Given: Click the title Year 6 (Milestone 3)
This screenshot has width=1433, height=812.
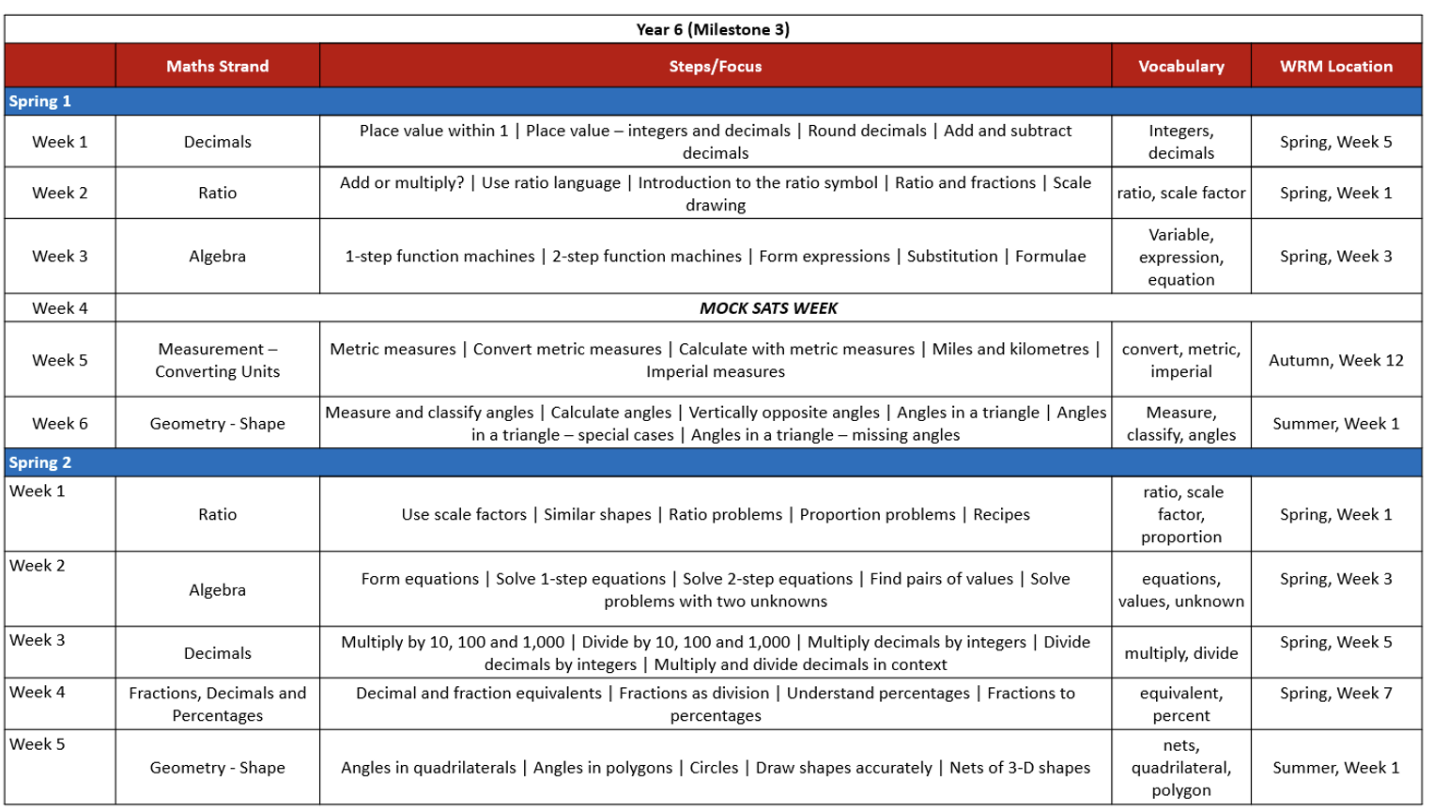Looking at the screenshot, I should (x=713, y=29).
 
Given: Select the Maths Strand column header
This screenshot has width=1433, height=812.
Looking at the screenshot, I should (x=217, y=66).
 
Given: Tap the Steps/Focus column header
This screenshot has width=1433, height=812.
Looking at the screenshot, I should (x=715, y=66).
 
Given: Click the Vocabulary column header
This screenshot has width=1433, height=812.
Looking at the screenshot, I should (x=1180, y=66).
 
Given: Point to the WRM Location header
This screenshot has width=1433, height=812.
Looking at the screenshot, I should (x=1335, y=66).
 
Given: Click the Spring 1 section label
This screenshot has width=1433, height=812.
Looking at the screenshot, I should (x=40, y=101).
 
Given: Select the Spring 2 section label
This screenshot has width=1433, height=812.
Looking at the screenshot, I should (x=40, y=462).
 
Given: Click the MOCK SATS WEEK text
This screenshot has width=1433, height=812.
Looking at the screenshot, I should (x=768, y=308).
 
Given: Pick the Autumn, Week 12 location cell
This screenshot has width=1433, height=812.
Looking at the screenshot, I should (x=1335, y=360).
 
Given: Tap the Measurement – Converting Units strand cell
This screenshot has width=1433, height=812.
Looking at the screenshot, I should (x=217, y=360).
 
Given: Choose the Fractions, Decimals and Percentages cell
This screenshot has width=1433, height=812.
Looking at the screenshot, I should (x=217, y=704).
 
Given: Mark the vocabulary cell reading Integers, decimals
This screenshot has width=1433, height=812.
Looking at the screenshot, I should (x=1180, y=142).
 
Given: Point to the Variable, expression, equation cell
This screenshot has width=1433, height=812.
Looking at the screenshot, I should (x=1180, y=257).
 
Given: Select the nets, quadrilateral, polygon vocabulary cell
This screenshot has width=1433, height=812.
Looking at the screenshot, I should (x=1180, y=768).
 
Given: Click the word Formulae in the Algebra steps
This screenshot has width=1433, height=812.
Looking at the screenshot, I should (x=1050, y=257).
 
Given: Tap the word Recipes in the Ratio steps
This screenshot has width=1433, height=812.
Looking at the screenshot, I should (x=1001, y=515).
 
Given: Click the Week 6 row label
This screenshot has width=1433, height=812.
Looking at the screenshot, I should (x=59, y=424).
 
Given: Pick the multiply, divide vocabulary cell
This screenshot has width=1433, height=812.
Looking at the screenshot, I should (x=1180, y=653).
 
